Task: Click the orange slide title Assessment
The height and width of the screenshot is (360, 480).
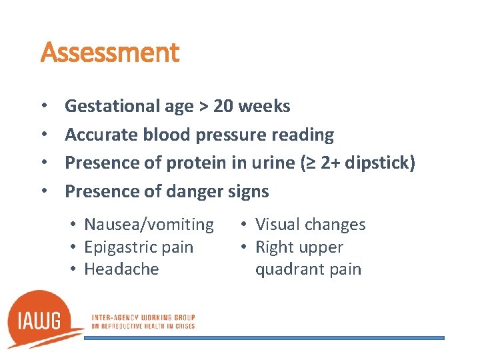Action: pyautogui.click(x=110, y=53)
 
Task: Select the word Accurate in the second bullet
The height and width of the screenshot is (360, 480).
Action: pyautogui.click(x=101, y=135)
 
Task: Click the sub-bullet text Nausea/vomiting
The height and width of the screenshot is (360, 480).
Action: pyautogui.click(x=149, y=225)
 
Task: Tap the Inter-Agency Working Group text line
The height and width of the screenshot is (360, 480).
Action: pyautogui.click(x=143, y=317)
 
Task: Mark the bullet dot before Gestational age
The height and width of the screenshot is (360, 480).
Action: pyautogui.click(x=43, y=107)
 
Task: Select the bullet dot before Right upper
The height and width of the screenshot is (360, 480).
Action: pyautogui.click(x=244, y=247)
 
